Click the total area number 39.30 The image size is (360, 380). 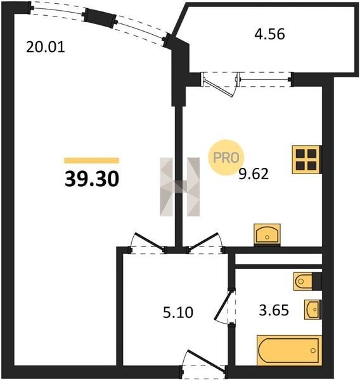point(92,179)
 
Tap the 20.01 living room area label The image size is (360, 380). point(46,47)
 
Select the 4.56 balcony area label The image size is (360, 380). point(269,34)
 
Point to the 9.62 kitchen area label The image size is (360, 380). point(254,174)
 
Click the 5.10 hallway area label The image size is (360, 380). point(178,312)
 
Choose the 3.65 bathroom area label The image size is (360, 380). point(274,310)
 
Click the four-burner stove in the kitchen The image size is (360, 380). point(307,160)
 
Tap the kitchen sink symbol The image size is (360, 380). point(267,234)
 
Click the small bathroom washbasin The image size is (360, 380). point(313,310)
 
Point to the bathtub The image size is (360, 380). point(290,350)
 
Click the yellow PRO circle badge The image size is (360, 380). point(226,158)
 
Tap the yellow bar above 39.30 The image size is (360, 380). point(92,160)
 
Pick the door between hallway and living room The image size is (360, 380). point(148,242)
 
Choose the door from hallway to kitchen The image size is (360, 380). point(205,242)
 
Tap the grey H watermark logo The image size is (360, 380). point(180,187)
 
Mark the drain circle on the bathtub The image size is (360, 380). point(313,350)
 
